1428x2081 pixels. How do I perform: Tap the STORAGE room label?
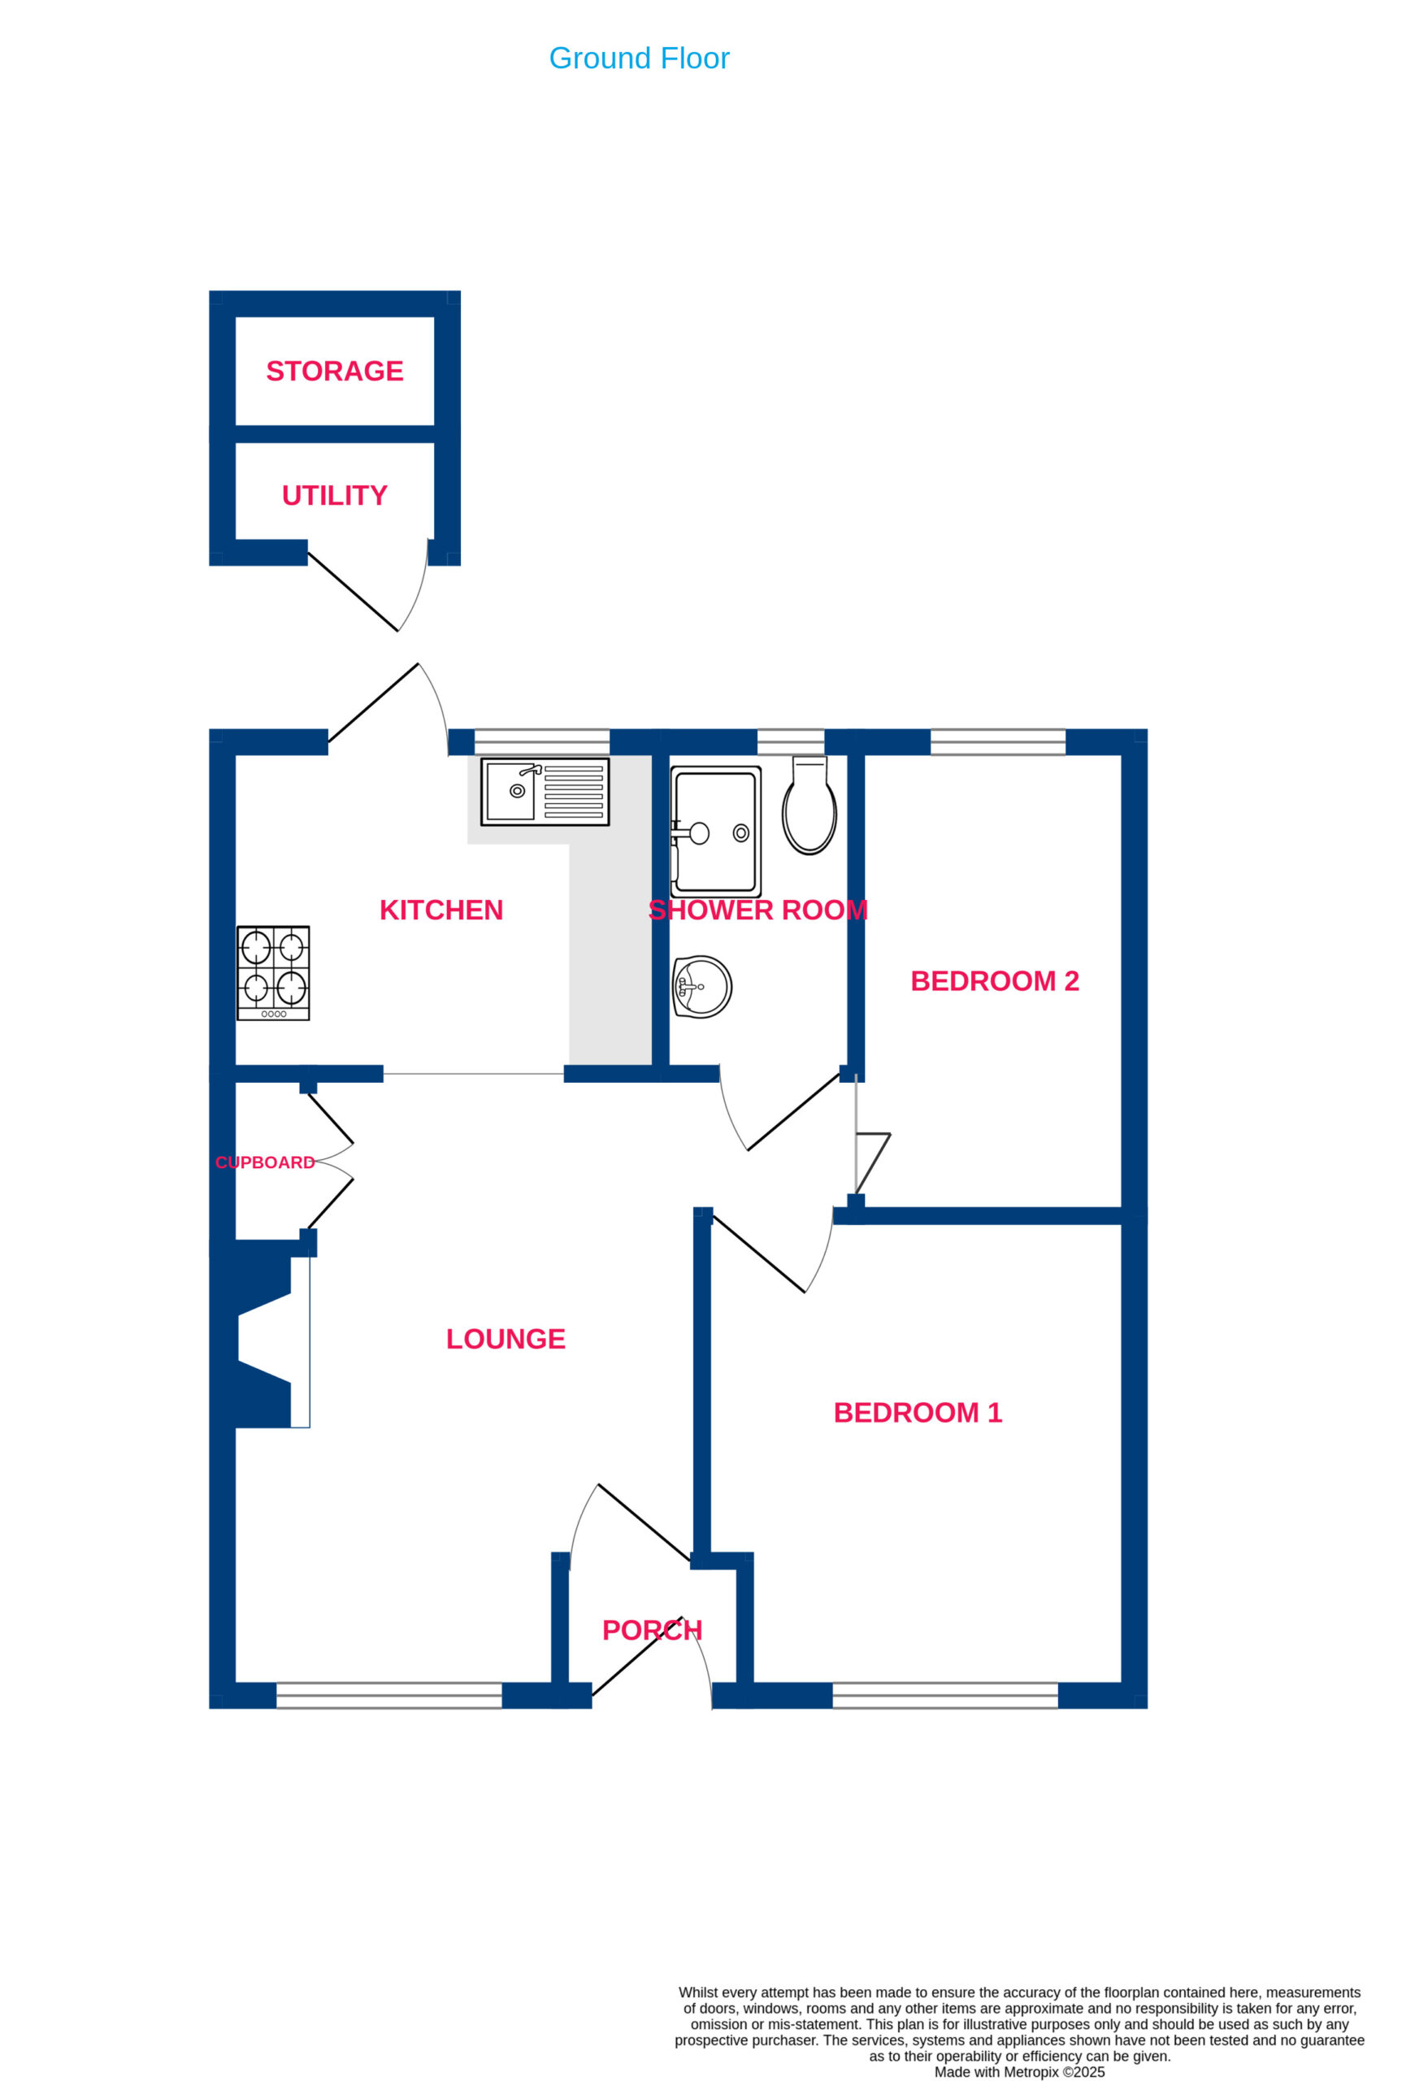point(335,371)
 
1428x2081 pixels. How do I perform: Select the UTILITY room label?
point(335,495)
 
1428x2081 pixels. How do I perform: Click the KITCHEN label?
point(441,910)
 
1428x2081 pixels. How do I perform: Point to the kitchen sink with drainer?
point(545,792)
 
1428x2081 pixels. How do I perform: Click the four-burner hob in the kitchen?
point(273,973)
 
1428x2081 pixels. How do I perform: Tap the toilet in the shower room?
point(809,805)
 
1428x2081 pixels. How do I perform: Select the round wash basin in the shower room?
point(702,987)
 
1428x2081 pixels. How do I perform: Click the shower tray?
point(715,831)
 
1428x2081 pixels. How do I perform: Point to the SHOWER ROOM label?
point(758,910)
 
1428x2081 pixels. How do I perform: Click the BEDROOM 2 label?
point(995,980)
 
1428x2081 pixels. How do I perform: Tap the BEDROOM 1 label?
point(918,1412)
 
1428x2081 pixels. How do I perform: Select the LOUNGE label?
point(506,1339)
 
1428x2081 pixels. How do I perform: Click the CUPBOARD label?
point(265,1162)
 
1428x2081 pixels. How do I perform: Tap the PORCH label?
point(652,1631)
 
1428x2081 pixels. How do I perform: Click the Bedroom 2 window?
point(998,742)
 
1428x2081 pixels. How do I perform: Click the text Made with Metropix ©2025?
point(1020,2071)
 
